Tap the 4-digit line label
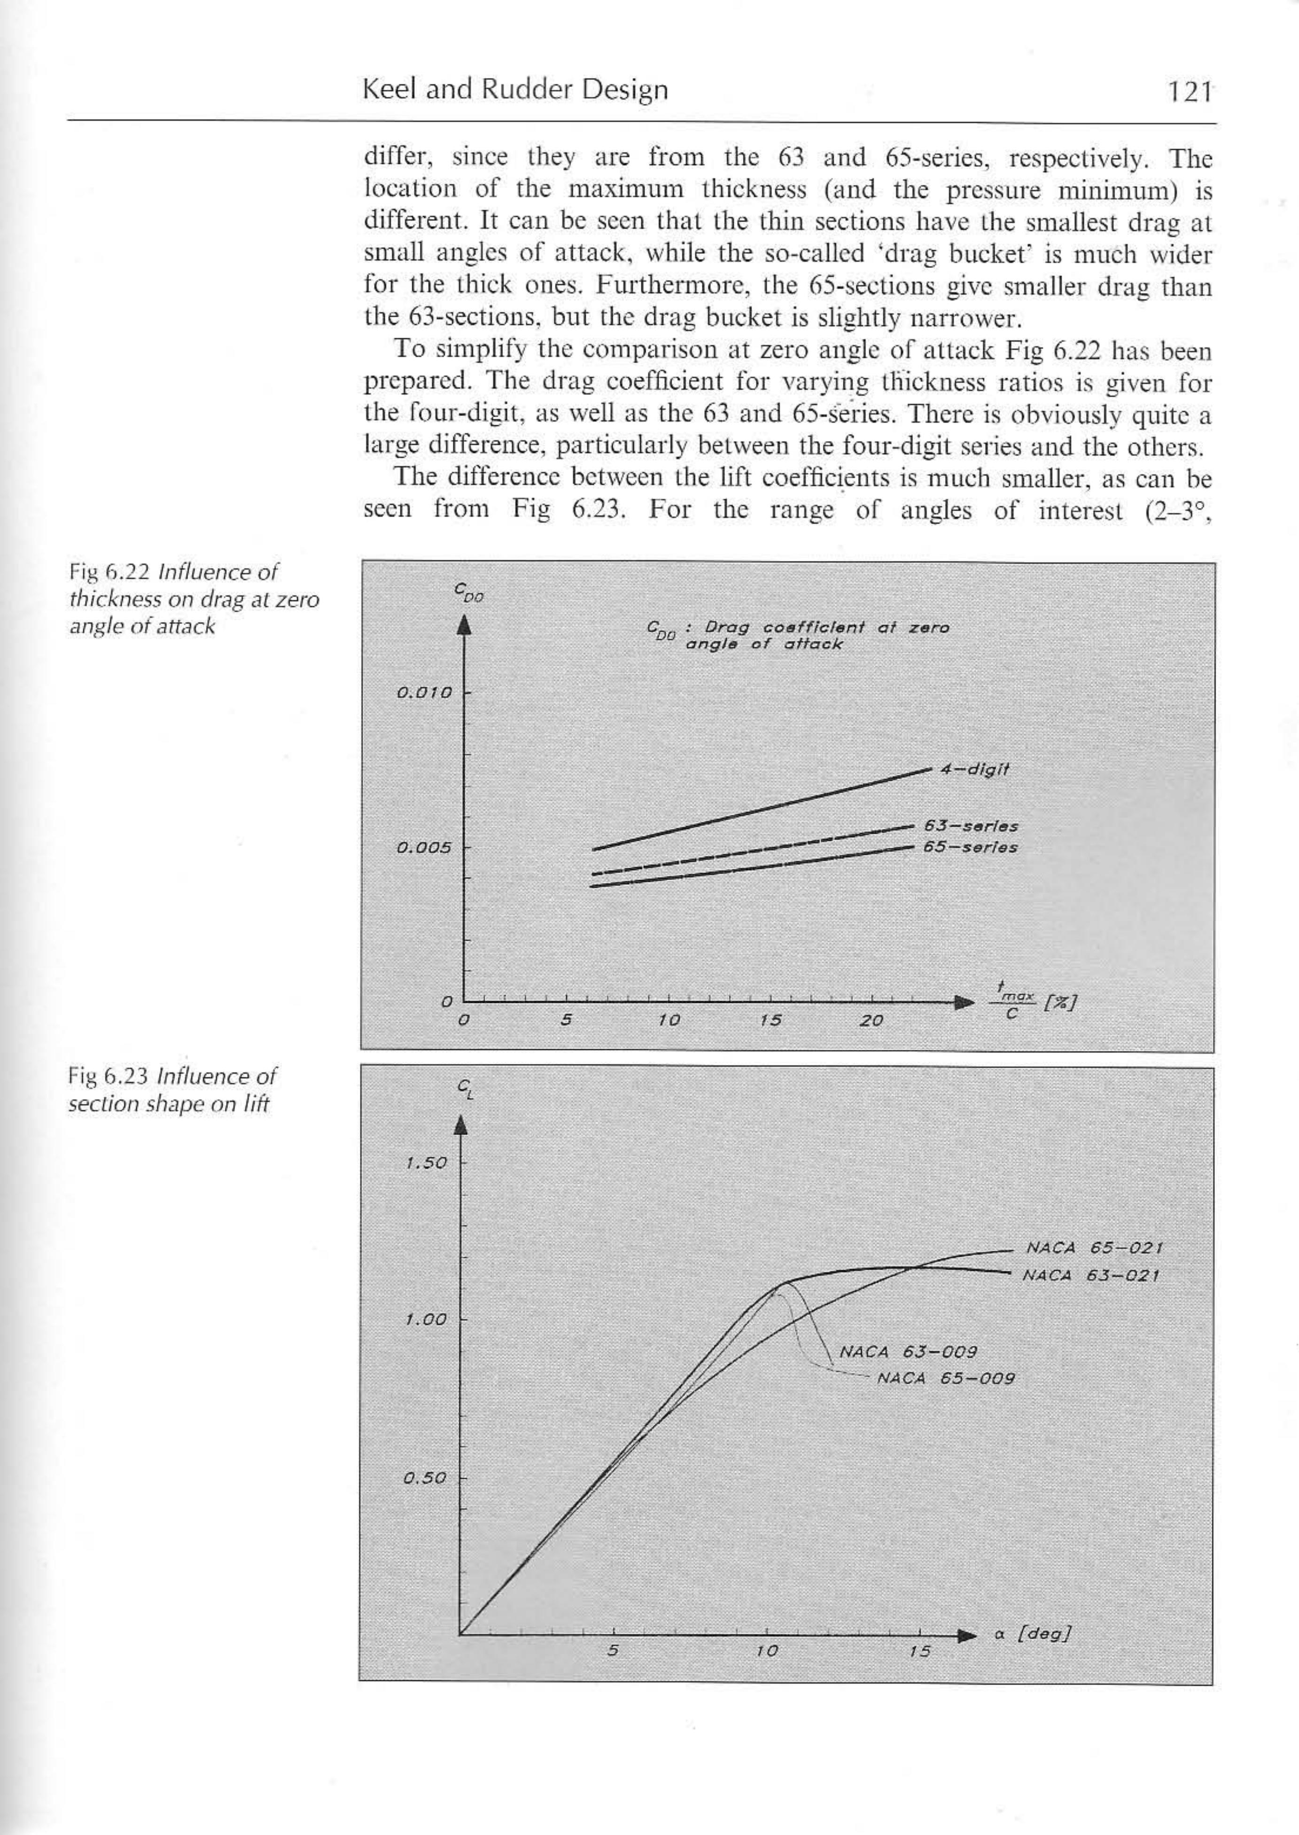pyautogui.click(x=975, y=770)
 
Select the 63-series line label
pyautogui.click(x=970, y=826)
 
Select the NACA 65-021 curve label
pyautogui.click(x=1093, y=1247)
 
